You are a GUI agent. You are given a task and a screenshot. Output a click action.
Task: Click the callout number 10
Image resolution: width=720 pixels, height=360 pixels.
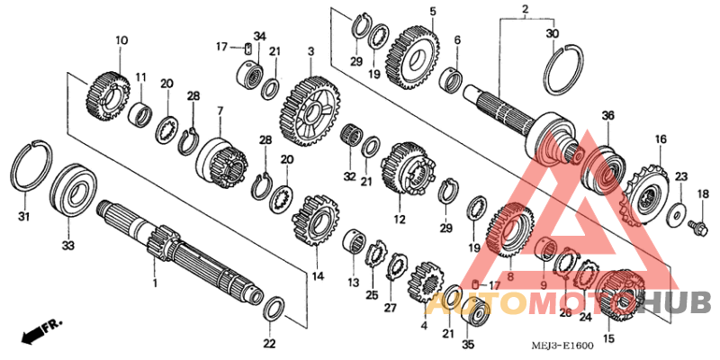(121, 40)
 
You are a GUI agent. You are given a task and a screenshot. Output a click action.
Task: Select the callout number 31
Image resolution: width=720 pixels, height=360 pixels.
(24, 217)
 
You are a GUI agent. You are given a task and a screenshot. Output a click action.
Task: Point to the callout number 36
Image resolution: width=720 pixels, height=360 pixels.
(607, 115)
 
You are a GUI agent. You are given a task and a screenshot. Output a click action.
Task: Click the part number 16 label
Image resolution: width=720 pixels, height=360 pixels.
(661, 139)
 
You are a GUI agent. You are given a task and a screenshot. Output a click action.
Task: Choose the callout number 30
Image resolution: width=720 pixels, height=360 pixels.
(552, 33)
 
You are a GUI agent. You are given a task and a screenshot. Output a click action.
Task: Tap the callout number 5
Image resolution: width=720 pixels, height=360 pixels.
(432, 12)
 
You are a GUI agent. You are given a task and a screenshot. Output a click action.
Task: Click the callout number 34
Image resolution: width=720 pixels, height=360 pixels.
(259, 36)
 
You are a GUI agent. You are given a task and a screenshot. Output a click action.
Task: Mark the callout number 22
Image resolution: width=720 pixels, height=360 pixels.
(270, 343)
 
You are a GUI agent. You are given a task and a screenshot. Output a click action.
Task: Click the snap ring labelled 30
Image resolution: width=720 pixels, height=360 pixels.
(564, 67)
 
